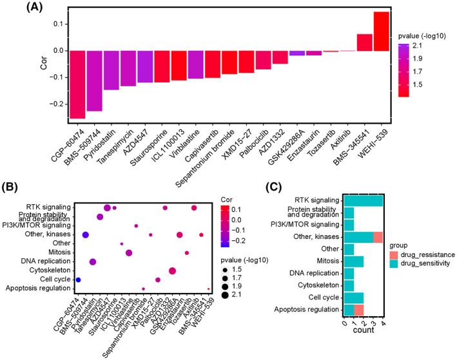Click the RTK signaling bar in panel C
point(364,201)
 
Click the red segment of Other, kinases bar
point(378,237)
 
